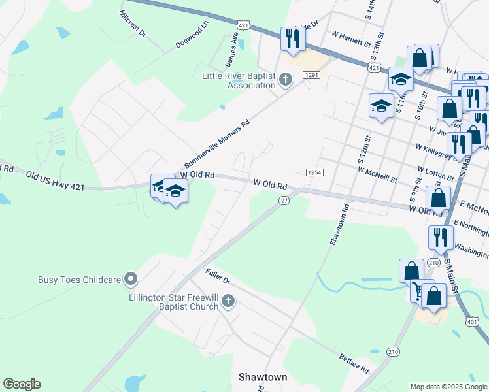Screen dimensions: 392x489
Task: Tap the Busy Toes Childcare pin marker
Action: tap(131, 280)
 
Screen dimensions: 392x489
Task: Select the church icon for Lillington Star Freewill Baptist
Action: tap(228, 301)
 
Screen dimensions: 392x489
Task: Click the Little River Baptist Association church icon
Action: tap(284, 80)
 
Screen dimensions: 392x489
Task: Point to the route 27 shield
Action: tap(284, 201)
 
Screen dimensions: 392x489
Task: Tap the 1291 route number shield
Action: tap(311, 76)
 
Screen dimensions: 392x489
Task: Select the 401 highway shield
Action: tap(473, 322)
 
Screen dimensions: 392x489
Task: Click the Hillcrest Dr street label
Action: tap(133, 24)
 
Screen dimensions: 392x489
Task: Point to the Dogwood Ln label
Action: tap(192, 34)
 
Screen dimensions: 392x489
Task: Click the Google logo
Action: tap(22, 384)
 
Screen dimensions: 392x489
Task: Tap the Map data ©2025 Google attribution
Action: tap(448, 387)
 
